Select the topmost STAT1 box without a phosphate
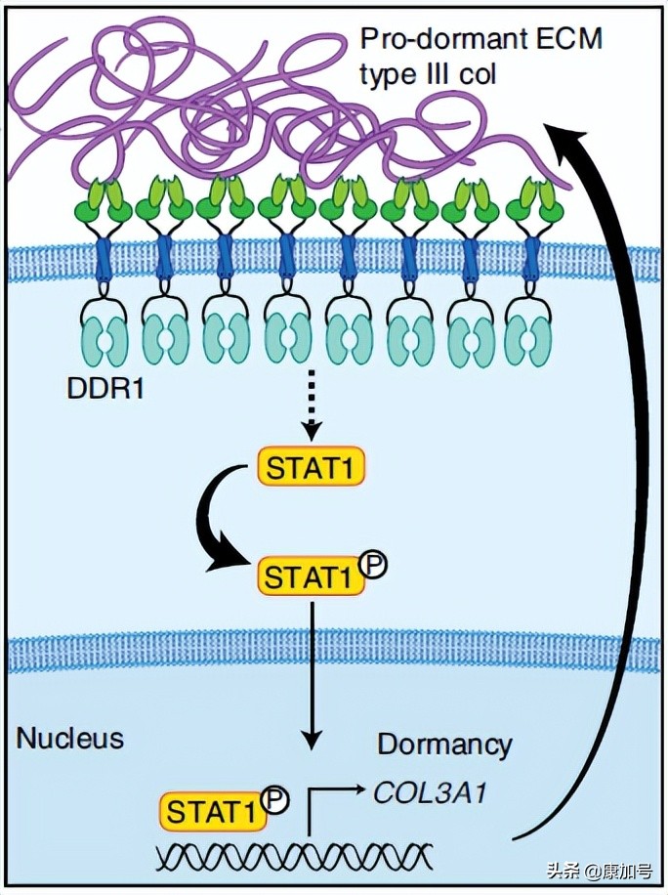[x=310, y=466]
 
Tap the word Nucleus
[x=69, y=738]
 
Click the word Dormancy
[x=444, y=745]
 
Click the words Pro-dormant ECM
[x=481, y=39]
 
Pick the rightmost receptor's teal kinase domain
[x=533, y=337]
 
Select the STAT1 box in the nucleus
[x=212, y=810]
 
